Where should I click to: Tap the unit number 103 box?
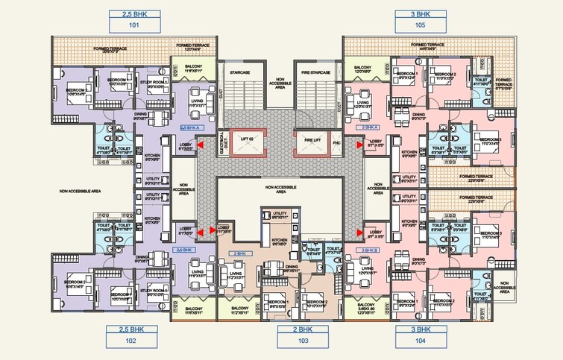(x=303, y=341)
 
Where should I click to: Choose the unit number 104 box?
(x=421, y=341)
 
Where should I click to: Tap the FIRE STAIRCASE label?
(x=316, y=72)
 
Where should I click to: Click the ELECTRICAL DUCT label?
(x=223, y=142)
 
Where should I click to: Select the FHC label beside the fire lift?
(x=336, y=141)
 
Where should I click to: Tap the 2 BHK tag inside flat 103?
(x=240, y=253)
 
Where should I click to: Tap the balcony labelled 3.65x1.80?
(x=365, y=309)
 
